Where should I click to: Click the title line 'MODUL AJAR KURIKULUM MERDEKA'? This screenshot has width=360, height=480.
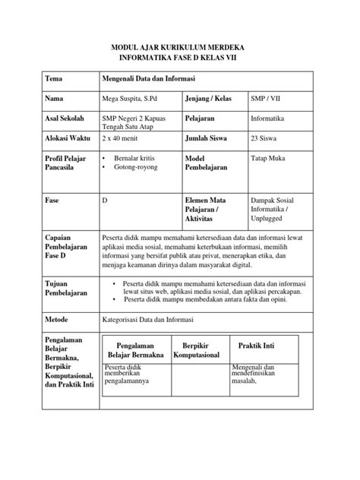click(179, 47)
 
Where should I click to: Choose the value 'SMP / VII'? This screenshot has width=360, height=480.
click(267, 99)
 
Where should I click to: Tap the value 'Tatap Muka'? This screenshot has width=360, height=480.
click(269, 158)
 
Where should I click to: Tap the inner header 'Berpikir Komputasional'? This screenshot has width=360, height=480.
click(196, 350)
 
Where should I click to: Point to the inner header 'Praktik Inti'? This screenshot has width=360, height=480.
click(256, 346)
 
